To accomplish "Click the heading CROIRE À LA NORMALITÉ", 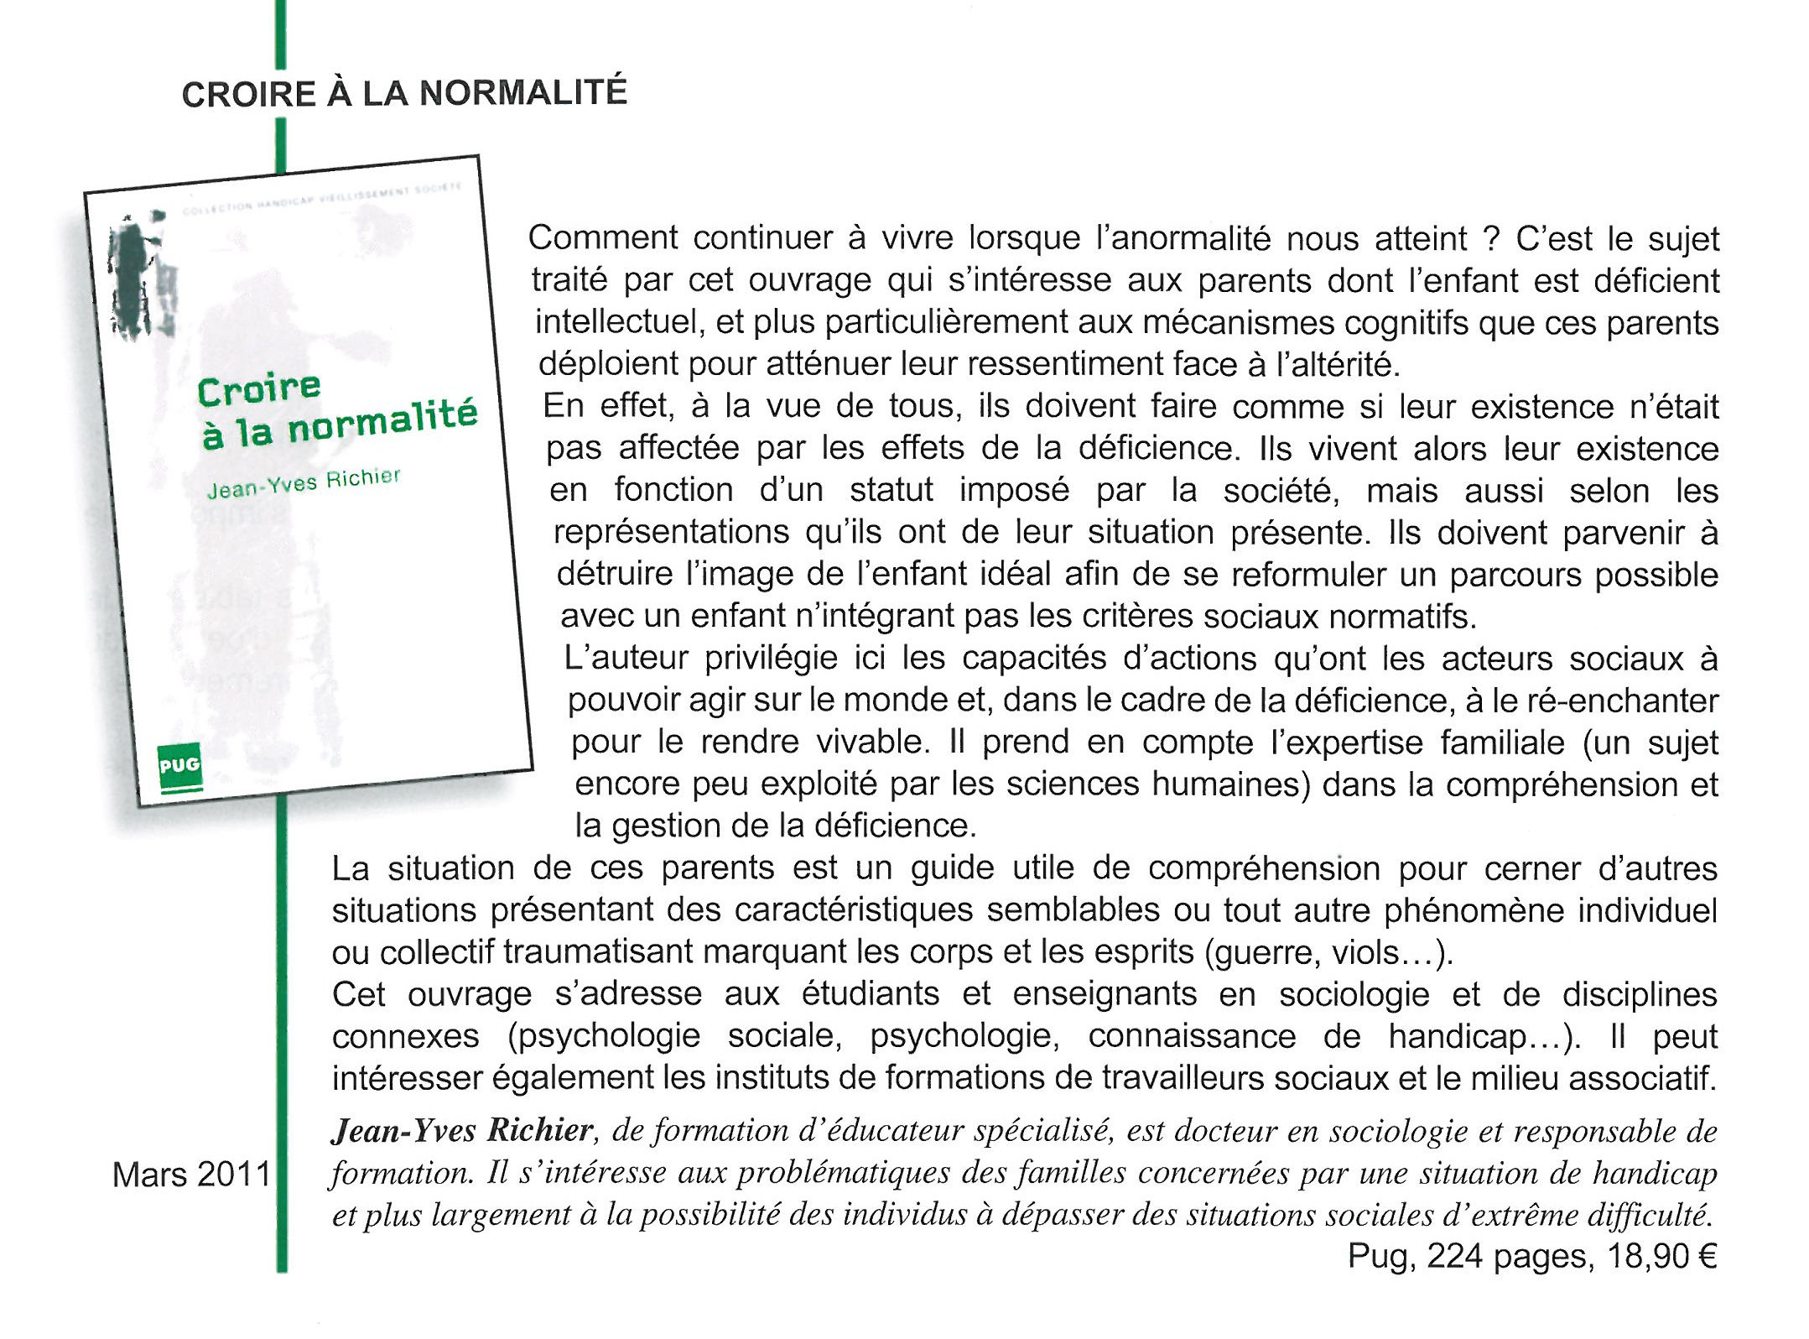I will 404,93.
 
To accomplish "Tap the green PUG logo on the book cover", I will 179,767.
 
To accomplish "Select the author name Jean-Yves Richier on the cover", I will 304,483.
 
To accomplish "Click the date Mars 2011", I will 192,1175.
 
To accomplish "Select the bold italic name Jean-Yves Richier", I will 462,1132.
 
